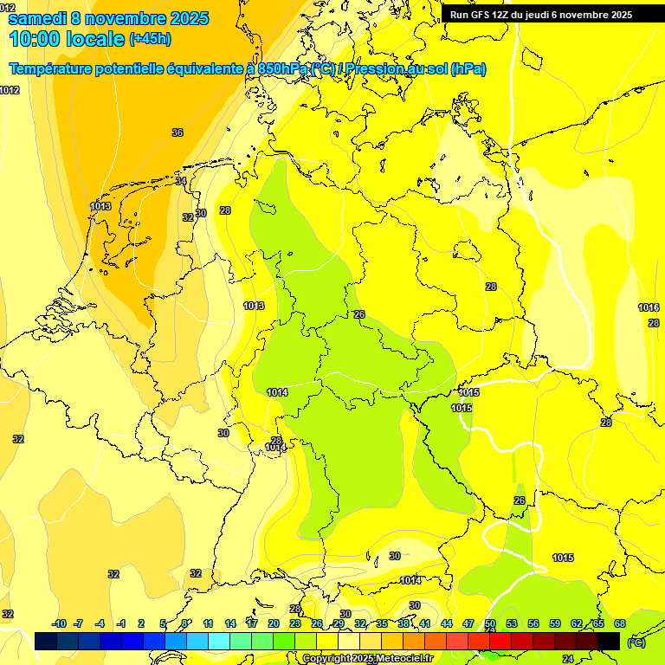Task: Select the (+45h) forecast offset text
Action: (150, 39)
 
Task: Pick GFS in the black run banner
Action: (481, 15)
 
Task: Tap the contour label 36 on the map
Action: (178, 132)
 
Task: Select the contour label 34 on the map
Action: (181, 181)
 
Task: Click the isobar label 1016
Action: (649, 307)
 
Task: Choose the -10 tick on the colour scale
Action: (59, 624)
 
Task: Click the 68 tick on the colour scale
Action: (620, 624)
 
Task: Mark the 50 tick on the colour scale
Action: (490, 624)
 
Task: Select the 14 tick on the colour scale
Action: (230, 624)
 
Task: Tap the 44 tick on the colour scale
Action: (447, 624)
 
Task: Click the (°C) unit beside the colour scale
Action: (636, 642)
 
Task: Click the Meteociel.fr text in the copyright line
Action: (401, 659)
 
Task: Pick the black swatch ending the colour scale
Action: (609, 641)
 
